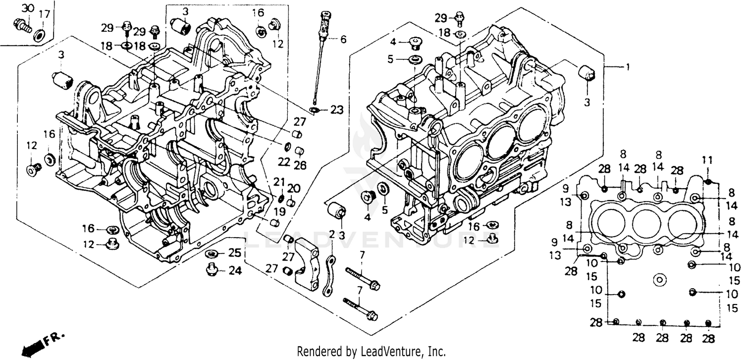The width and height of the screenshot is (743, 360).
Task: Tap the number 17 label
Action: click(x=44, y=14)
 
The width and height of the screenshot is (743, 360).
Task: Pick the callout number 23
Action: click(x=337, y=110)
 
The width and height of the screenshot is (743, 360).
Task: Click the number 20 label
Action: click(x=294, y=188)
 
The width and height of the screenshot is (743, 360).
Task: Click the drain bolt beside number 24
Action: click(x=212, y=269)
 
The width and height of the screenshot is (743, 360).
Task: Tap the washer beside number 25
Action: click(x=212, y=254)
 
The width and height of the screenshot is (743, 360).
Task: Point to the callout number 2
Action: click(x=332, y=234)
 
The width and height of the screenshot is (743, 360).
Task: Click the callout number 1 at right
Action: click(x=628, y=66)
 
